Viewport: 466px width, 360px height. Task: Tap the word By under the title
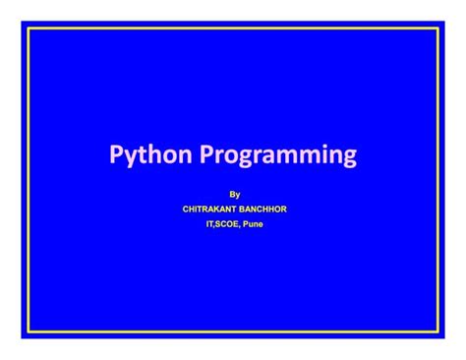(234, 195)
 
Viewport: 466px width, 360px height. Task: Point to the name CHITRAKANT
(209, 209)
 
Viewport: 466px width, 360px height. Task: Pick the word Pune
(254, 223)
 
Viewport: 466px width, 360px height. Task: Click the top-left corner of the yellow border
(29, 30)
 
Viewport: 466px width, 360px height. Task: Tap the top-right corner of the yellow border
(437, 30)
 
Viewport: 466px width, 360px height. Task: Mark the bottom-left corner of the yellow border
(29, 330)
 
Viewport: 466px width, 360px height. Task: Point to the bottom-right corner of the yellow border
(437, 330)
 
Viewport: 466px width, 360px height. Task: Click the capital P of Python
(116, 154)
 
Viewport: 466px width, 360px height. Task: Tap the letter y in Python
(131, 157)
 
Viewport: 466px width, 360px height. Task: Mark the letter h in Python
(155, 153)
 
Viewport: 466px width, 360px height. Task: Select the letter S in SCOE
(214, 223)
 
